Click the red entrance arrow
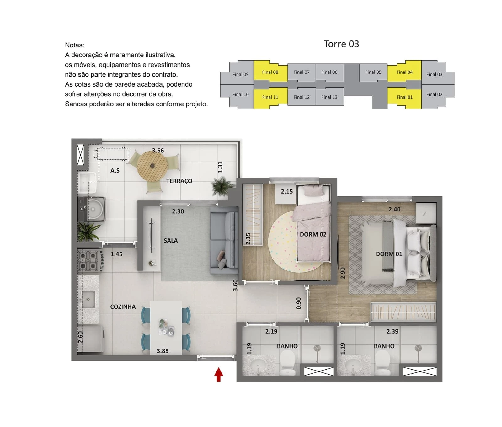(219, 375)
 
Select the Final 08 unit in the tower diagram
(270, 71)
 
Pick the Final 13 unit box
(329, 97)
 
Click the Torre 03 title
(341, 44)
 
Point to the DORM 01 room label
(389, 254)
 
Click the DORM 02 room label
(313, 234)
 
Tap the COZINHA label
(123, 307)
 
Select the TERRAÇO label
(179, 181)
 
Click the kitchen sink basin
(88, 299)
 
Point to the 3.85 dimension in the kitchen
(163, 351)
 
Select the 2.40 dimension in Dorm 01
(394, 209)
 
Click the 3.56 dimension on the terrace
(158, 151)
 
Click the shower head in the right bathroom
(418, 348)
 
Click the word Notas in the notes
(74, 45)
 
